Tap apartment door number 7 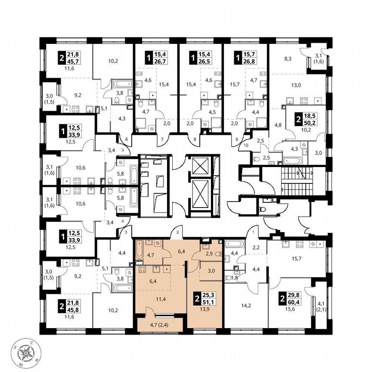tap(162, 140)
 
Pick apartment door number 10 tap(246, 145)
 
